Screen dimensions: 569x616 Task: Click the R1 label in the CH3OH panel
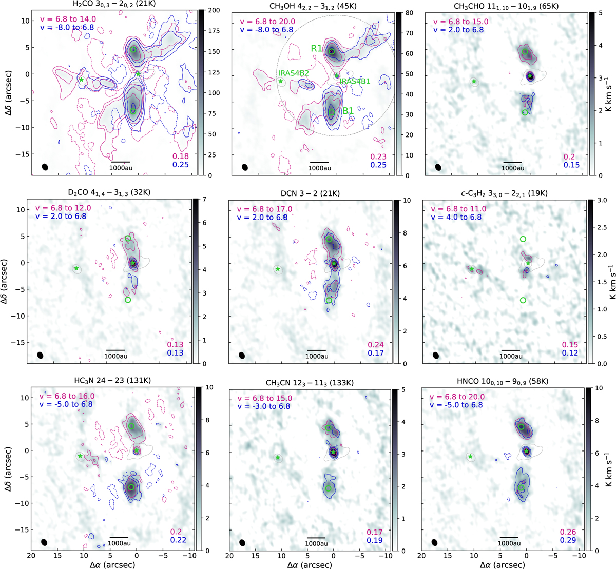pos(316,48)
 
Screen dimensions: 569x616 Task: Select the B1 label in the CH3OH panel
pos(348,111)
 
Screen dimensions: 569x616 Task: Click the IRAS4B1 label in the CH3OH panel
pos(355,81)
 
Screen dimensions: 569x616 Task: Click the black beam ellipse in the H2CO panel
pos(45,167)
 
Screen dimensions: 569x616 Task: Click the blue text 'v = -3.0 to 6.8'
pos(263,406)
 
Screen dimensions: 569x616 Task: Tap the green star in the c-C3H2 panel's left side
pos(472,268)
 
